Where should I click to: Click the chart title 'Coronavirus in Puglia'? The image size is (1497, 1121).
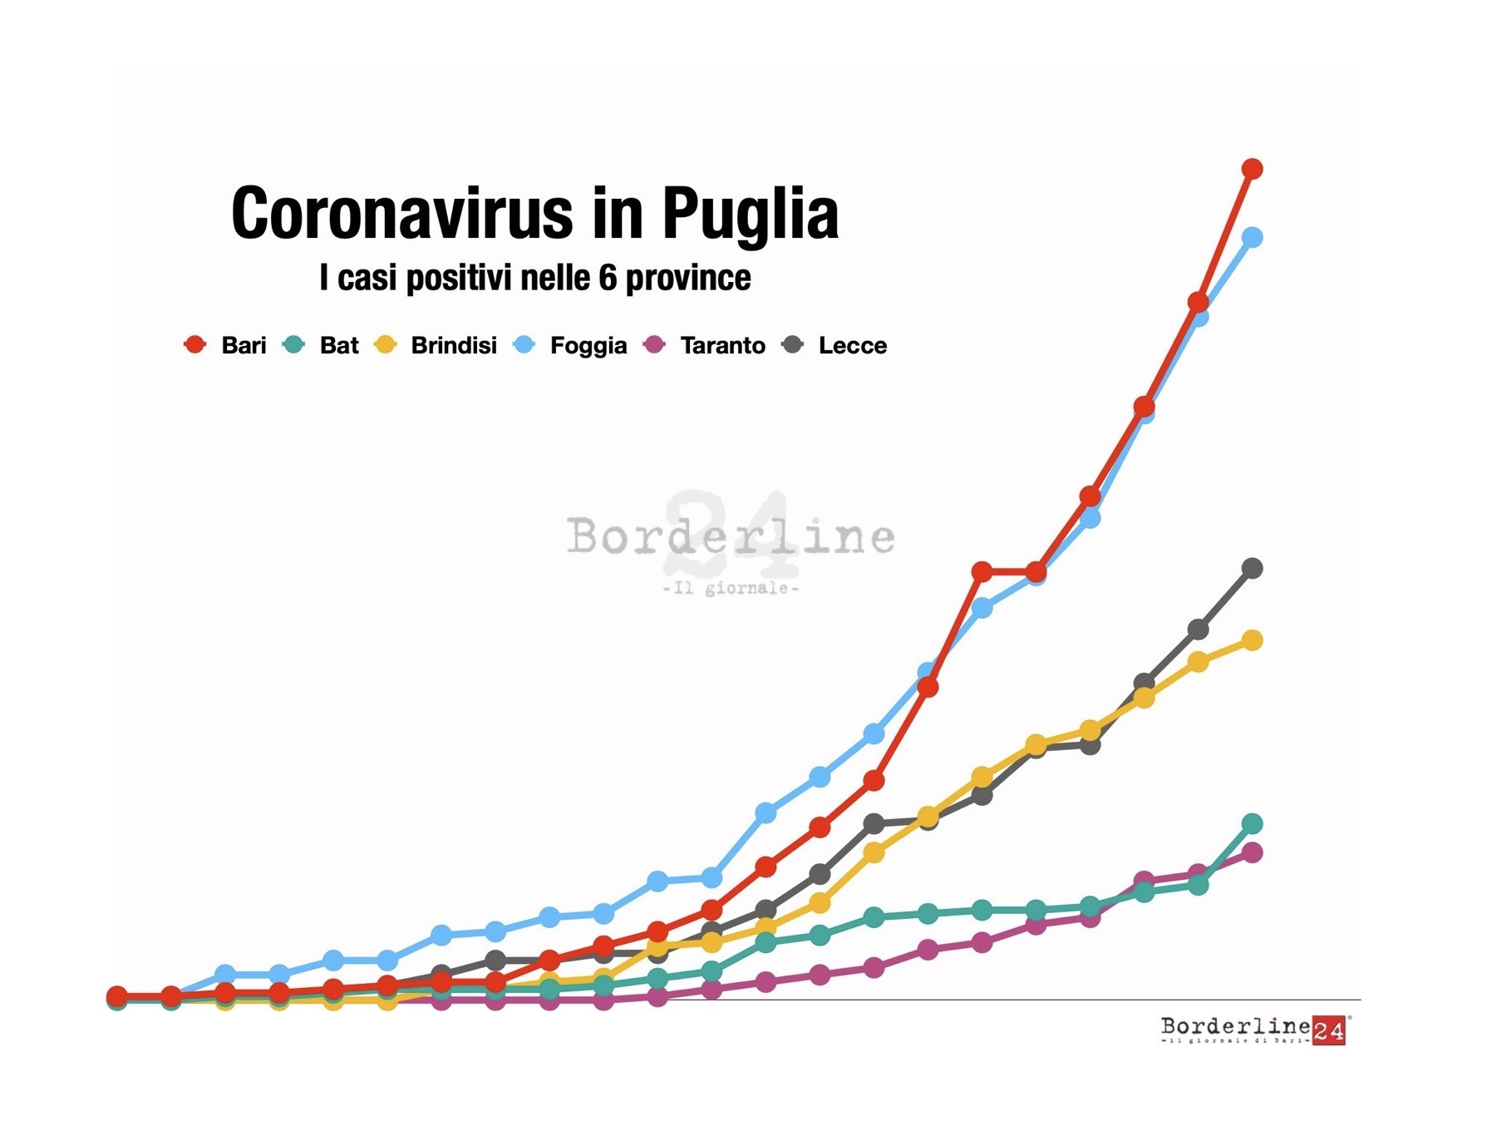point(534,214)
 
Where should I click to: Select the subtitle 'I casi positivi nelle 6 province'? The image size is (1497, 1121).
point(534,278)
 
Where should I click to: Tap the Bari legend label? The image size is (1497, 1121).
point(244,345)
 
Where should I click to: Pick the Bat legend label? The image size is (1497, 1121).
point(339,345)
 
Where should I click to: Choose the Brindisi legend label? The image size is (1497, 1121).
point(454,345)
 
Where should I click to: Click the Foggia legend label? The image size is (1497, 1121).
point(588,345)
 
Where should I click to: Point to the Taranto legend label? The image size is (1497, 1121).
point(722,345)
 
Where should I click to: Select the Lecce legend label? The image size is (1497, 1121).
point(853,345)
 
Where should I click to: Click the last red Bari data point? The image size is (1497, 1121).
point(1252,169)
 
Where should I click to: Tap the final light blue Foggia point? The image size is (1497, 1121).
point(1252,238)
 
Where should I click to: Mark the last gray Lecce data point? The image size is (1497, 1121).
point(1252,569)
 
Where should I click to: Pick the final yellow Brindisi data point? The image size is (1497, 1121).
point(1252,640)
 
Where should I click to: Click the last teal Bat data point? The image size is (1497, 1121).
point(1252,824)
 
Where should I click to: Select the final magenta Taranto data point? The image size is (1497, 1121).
point(1252,853)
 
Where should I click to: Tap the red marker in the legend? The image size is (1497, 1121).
point(195,344)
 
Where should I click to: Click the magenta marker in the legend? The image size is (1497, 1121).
point(655,344)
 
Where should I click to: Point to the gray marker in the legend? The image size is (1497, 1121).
point(793,344)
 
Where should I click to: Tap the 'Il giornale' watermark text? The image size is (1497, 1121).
point(731,589)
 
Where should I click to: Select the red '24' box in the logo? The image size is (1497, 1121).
point(1328,1031)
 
